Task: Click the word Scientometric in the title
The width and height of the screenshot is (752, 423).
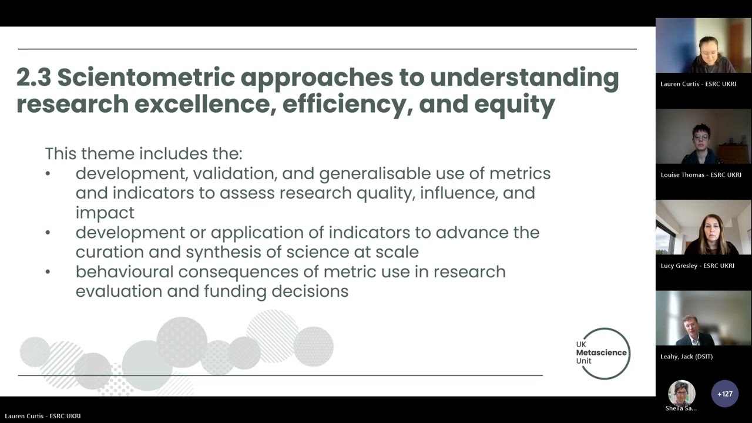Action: coord(145,78)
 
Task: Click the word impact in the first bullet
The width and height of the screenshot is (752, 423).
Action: coord(105,213)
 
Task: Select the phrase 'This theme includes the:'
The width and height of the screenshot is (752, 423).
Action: coord(143,154)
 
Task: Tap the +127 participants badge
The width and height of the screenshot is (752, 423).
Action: coord(724,394)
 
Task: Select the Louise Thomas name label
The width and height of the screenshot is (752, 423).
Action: coord(701,174)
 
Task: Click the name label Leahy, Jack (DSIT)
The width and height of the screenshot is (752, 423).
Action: coord(686,357)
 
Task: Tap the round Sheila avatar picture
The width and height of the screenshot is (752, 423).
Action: coord(681,392)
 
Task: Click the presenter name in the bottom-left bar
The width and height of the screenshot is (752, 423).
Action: coord(42,416)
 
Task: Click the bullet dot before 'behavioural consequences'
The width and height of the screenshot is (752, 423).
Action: coord(48,272)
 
